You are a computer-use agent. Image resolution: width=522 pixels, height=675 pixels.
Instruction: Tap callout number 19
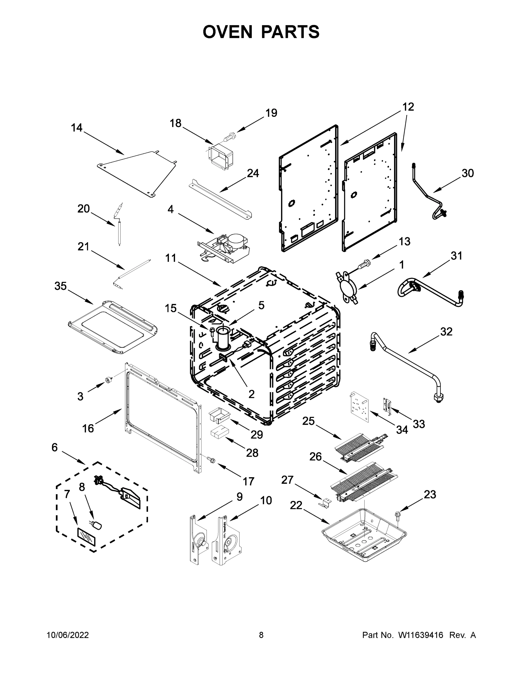(x=271, y=113)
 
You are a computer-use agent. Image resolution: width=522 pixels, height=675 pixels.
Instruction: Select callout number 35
(x=61, y=286)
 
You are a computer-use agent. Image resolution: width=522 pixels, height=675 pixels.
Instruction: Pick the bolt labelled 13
(x=364, y=265)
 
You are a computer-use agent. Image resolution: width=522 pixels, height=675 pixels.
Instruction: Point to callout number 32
(x=446, y=332)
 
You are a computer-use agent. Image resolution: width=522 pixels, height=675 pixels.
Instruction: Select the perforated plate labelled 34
(x=359, y=406)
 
